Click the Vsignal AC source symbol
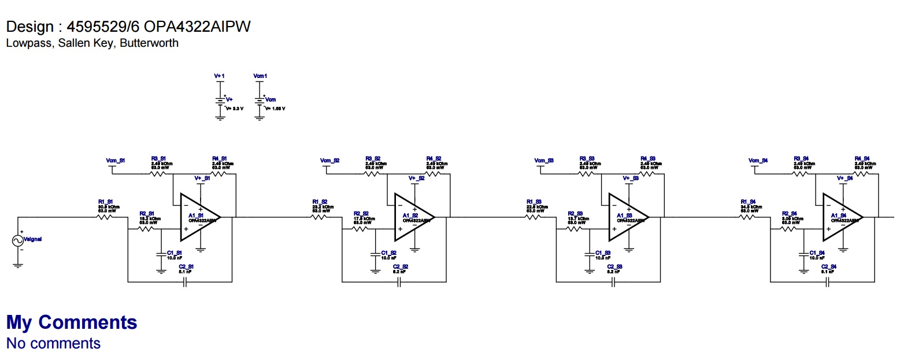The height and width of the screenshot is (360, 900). (17, 240)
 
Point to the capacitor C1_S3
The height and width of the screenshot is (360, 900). (589, 254)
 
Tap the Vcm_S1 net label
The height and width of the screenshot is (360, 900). (115, 159)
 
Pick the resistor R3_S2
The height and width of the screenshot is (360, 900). (372, 173)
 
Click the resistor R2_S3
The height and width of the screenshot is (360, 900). (574, 229)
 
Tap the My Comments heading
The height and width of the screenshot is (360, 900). (72, 322)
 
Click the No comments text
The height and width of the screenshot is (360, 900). (53, 343)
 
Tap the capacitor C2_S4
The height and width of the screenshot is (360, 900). (828, 282)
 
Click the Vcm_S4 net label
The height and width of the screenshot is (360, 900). (757, 159)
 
